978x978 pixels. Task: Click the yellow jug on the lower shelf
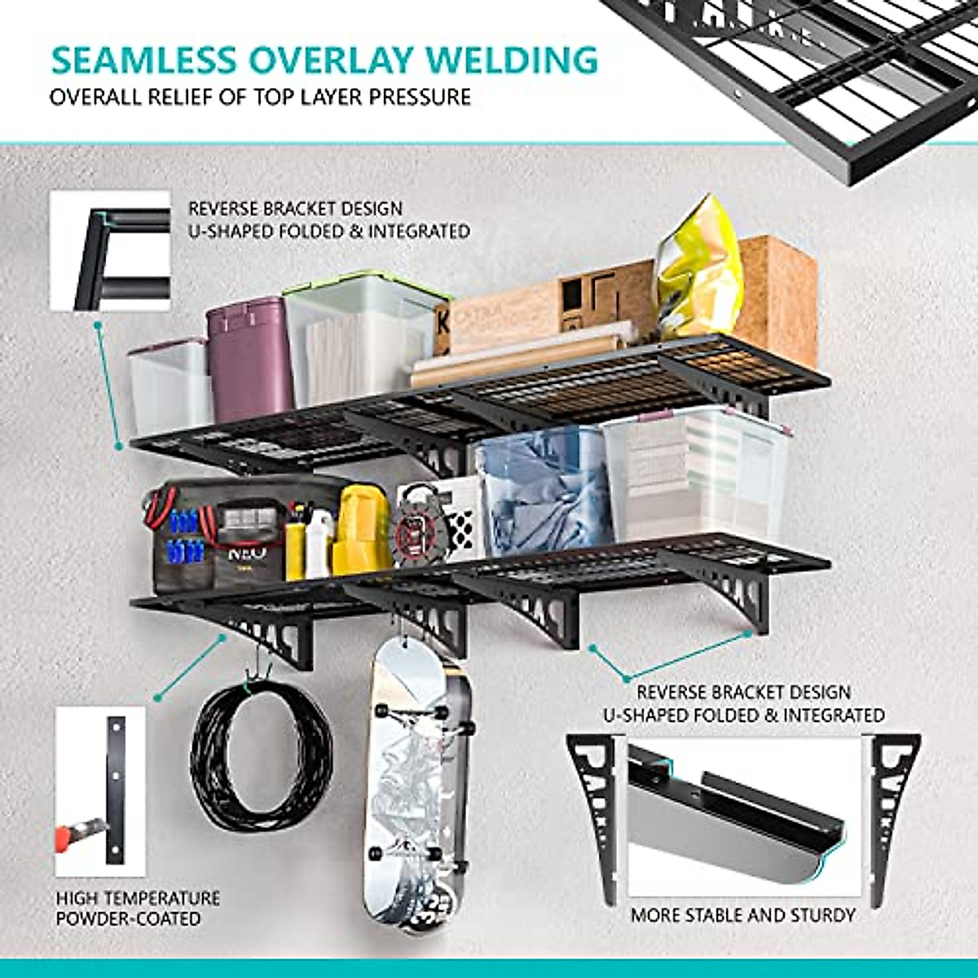pyautogui.click(x=363, y=530)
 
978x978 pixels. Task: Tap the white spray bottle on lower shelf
pyautogui.click(x=319, y=542)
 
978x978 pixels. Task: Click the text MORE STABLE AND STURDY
pyautogui.click(x=742, y=915)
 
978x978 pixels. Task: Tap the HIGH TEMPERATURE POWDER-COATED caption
pyautogui.click(x=137, y=908)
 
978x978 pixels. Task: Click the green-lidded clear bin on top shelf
pyautogui.click(x=363, y=338)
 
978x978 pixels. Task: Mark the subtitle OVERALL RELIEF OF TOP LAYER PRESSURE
pyautogui.click(x=260, y=97)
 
